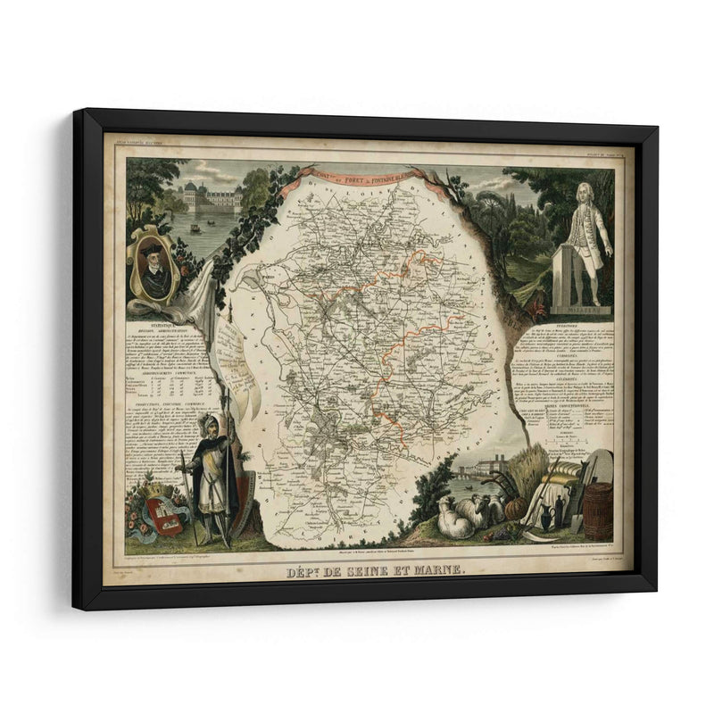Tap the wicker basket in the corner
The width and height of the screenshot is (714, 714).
click(599, 510)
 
